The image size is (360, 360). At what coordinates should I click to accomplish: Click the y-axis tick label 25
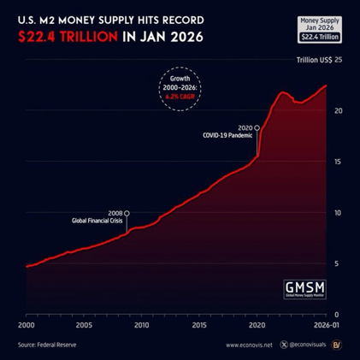pyautogui.click(x=339, y=60)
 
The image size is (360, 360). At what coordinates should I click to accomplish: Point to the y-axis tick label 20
pyautogui.click(x=339, y=110)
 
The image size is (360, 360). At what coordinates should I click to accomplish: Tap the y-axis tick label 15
pyautogui.click(x=339, y=162)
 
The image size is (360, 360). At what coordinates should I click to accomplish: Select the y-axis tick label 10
pyautogui.click(x=339, y=212)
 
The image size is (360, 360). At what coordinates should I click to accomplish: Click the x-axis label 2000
pyautogui.click(x=27, y=325)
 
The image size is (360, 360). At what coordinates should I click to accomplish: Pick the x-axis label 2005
pyautogui.click(x=84, y=325)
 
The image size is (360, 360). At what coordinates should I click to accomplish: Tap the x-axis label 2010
pyautogui.click(x=141, y=325)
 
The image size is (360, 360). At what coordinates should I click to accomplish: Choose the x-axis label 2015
pyautogui.click(x=198, y=325)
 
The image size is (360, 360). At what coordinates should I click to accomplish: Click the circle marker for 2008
pyautogui.click(x=127, y=213)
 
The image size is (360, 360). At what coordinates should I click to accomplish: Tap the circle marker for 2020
pyautogui.click(x=257, y=127)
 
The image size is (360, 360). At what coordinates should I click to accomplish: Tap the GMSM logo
pyautogui.click(x=306, y=287)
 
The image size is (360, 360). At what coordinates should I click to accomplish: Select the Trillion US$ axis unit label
pyautogui.click(x=313, y=60)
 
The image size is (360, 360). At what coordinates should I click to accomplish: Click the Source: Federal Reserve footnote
pyautogui.click(x=55, y=345)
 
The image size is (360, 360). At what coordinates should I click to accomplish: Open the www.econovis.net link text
pyautogui.click(x=249, y=345)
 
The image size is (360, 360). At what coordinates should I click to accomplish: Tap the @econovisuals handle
pyautogui.click(x=304, y=345)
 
